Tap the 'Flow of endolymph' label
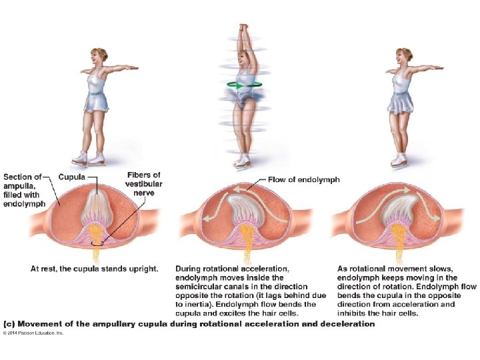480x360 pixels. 304,179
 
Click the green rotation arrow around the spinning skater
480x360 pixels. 244,85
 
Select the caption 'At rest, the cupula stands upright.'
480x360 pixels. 95,269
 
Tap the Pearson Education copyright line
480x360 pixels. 34,332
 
